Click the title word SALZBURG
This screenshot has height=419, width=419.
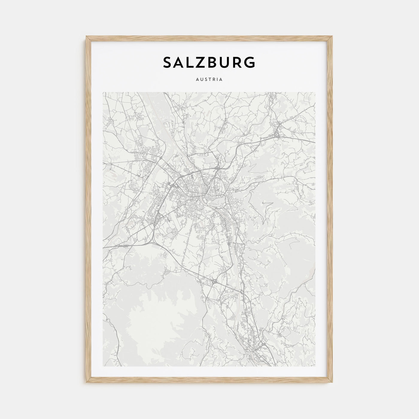click(x=209, y=62)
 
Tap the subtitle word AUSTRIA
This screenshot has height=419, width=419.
click(x=209, y=80)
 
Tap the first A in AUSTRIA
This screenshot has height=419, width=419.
click(x=198, y=80)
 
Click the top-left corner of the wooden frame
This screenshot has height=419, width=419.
click(x=86, y=36)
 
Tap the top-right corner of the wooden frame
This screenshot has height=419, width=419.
click(x=333, y=36)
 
